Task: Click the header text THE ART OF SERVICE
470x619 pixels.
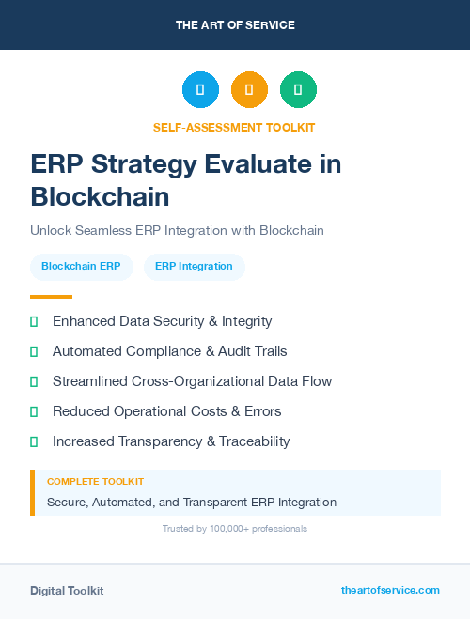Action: (235, 24)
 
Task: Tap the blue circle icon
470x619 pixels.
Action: (200, 90)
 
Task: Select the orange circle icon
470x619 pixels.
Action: (249, 90)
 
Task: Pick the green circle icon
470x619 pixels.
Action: (298, 90)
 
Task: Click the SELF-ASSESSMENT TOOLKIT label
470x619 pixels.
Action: (234, 127)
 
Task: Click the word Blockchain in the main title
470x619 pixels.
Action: (100, 196)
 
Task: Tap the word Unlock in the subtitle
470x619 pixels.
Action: (50, 230)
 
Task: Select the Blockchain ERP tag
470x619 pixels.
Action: (81, 266)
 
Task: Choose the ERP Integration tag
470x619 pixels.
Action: (194, 266)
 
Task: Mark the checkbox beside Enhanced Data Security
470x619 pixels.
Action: (34, 321)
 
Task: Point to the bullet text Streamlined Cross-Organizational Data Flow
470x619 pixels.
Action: (192, 381)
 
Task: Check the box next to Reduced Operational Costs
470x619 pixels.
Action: (34, 411)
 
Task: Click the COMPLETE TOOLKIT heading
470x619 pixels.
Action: (95, 482)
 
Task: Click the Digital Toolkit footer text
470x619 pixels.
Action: (67, 591)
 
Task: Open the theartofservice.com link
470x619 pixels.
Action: (390, 590)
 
